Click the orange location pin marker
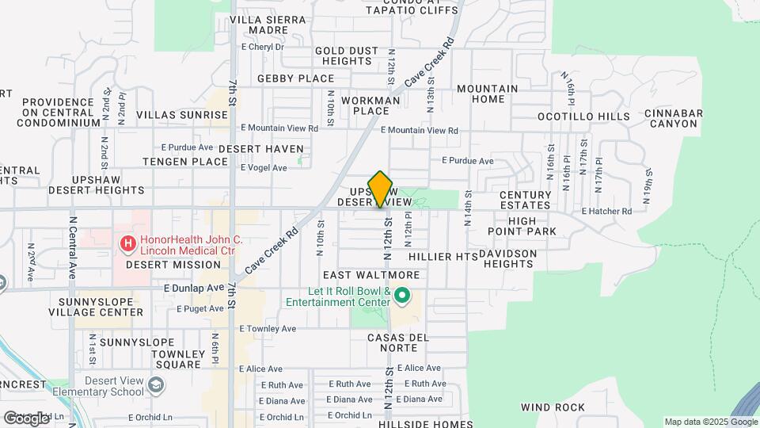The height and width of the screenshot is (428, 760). pos(381,189)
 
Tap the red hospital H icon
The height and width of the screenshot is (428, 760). pos(125,243)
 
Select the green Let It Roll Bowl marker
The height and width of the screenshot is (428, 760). pos(402,296)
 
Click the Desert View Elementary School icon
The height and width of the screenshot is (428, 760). pos(157,385)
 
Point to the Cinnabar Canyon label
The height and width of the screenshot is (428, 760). pos(673,118)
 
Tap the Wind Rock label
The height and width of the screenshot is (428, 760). pos(553,407)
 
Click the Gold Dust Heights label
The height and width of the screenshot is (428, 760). pos(348,55)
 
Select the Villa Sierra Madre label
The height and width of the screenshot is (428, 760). pos(257,25)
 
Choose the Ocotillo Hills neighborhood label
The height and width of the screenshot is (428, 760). pos(583,117)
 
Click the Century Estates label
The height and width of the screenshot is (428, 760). pos(526,200)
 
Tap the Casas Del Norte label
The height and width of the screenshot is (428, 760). pos(397,343)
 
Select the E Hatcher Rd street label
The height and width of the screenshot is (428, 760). pos(606,212)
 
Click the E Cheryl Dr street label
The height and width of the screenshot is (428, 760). pos(261,47)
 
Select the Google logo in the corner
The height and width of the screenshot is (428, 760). pos(26,418)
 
